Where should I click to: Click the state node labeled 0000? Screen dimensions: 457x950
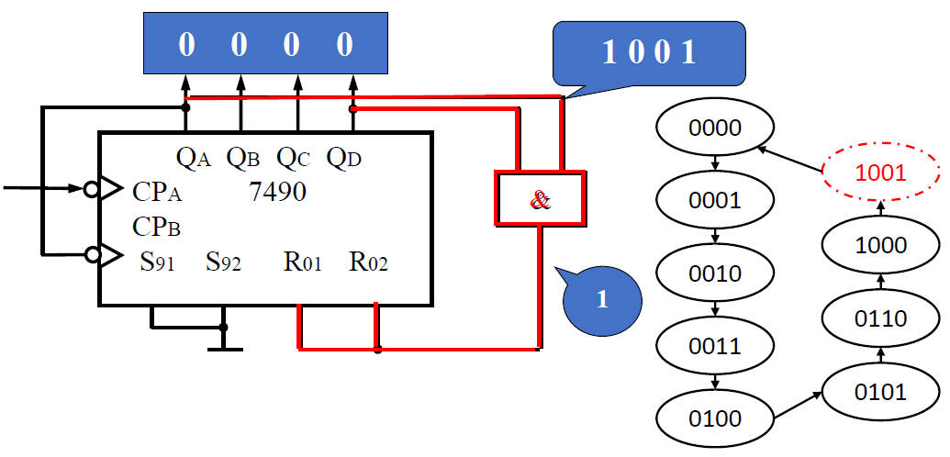click(714, 128)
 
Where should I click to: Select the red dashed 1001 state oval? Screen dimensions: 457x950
click(880, 172)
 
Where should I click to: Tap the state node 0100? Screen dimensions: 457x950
click(714, 419)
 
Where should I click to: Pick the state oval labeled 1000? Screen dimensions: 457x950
click(880, 246)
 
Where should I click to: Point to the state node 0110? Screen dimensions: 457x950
click(880, 318)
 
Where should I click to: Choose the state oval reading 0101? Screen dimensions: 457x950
click(880, 392)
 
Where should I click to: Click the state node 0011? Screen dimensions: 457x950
click(714, 346)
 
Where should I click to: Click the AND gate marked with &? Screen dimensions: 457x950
click(541, 197)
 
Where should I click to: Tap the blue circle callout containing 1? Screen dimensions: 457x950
click(601, 300)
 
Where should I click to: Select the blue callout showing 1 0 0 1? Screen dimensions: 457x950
click(649, 52)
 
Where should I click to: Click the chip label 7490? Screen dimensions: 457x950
click(278, 192)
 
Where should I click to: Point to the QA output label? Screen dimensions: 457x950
click(194, 158)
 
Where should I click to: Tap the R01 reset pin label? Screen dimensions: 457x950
click(303, 263)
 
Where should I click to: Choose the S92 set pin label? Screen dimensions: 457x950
click(223, 263)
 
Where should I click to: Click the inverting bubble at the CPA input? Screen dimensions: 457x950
click(90, 189)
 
